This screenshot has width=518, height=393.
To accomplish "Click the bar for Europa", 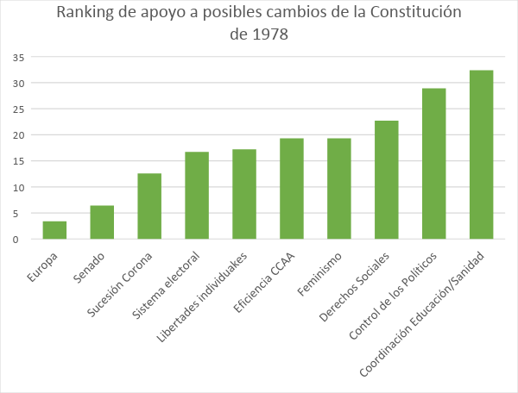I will pyautogui.click(x=54, y=230).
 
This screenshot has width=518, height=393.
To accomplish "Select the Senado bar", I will pyautogui.click(x=102, y=222).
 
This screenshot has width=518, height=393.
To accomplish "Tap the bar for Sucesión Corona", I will pyautogui.click(x=149, y=206).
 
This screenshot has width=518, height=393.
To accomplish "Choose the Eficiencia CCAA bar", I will pyautogui.click(x=292, y=189).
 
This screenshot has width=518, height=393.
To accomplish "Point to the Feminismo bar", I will pyautogui.click(x=339, y=189).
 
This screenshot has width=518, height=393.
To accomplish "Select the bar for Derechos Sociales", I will pyautogui.click(x=387, y=179).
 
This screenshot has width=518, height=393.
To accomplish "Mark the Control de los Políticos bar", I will pyautogui.click(x=434, y=164).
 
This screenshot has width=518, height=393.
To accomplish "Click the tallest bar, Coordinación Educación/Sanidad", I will pyautogui.click(x=482, y=154).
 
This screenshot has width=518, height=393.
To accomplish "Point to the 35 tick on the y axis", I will pyautogui.click(x=17, y=57).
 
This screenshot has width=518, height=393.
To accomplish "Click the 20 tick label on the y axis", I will pyautogui.click(x=17, y=135).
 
